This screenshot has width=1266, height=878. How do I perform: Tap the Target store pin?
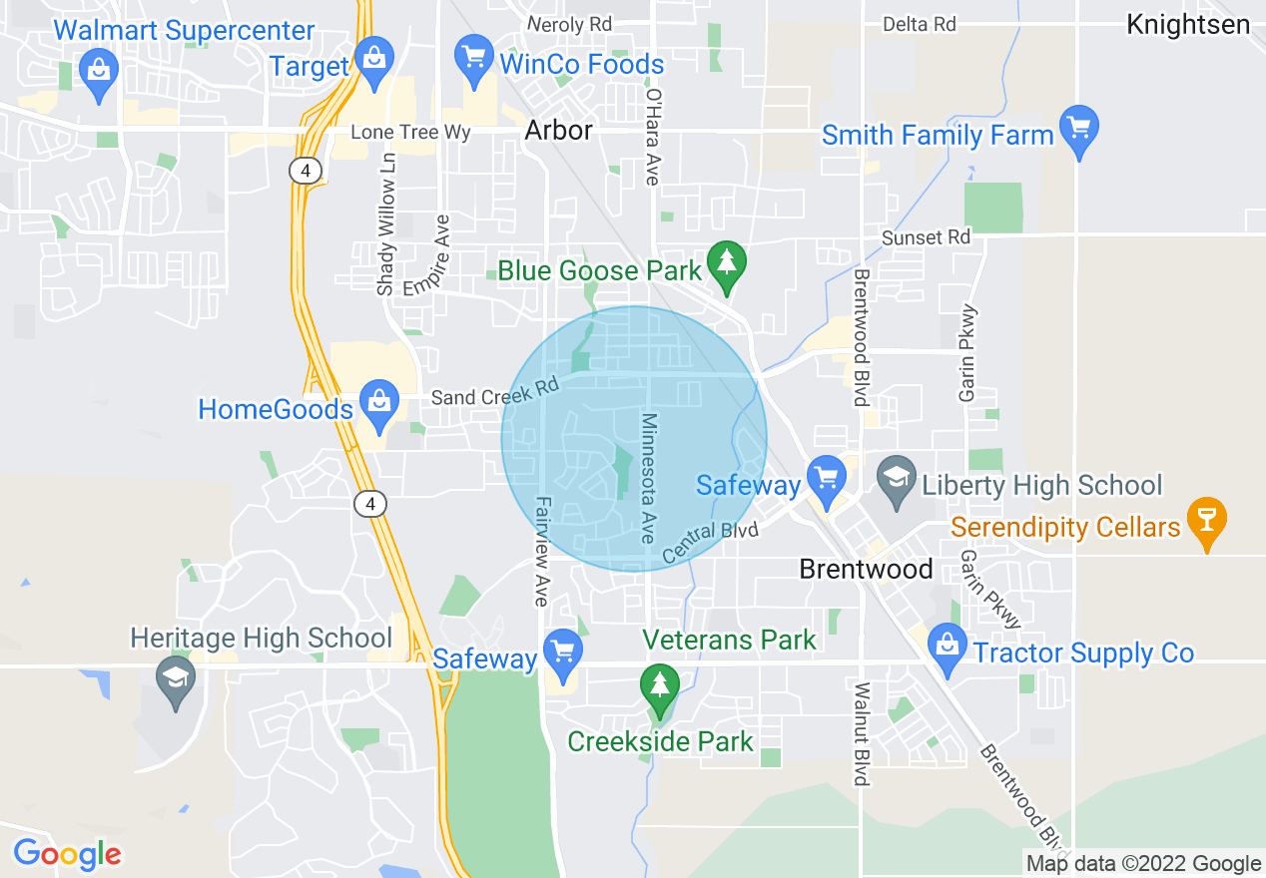pyautogui.click(x=373, y=58)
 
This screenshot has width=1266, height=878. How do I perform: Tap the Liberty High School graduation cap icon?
pyautogui.click(x=897, y=479)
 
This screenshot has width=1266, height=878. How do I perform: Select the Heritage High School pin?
pyautogui.click(x=176, y=678)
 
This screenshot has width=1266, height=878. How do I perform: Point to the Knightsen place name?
pyautogui.click(x=1187, y=25)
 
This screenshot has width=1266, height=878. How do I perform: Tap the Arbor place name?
pyautogui.click(x=558, y=131)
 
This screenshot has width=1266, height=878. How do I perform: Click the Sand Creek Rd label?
pyautogui.click(x=493, y=392)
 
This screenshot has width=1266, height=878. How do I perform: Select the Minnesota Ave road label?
pyautogui.click(x=649, y=478)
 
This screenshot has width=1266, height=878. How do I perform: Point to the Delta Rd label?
pyautogui.click(x=919, y=24)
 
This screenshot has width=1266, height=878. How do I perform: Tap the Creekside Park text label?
pyautogui.click(x=660, y=741)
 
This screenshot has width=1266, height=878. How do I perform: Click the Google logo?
pyautogui.click(x=68, y=854)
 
